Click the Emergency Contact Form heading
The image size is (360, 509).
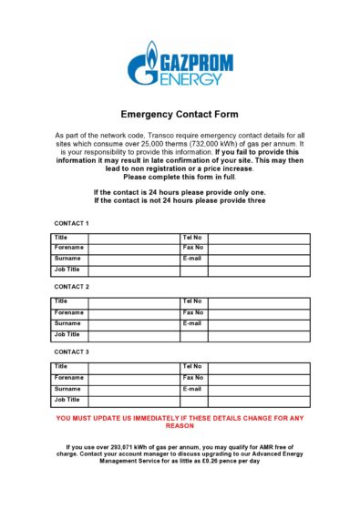pos(180,116)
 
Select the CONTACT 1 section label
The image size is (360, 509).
pos(72,223)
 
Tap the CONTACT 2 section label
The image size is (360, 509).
pos(72,287)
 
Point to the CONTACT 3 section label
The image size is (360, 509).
pos(72,351)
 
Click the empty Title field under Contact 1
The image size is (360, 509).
pos(133,238)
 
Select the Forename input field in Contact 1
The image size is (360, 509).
pos(133,248)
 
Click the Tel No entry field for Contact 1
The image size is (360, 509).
pos(260,238)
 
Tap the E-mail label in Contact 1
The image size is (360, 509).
pos(192,259)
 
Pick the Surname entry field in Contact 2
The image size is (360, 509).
pos(133,323)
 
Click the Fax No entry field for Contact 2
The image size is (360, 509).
pos(260,312)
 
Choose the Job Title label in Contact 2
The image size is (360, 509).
pos(67,334)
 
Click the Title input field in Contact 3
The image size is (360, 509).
pos(133,367)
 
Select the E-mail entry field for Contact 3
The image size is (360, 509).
pos(260,388)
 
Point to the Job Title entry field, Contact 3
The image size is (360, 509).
pos(133,399)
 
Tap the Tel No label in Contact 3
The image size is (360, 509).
pos(192,367)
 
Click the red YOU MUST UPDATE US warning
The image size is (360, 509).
pos(180,422)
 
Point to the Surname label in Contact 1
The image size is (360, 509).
pos(67,259)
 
